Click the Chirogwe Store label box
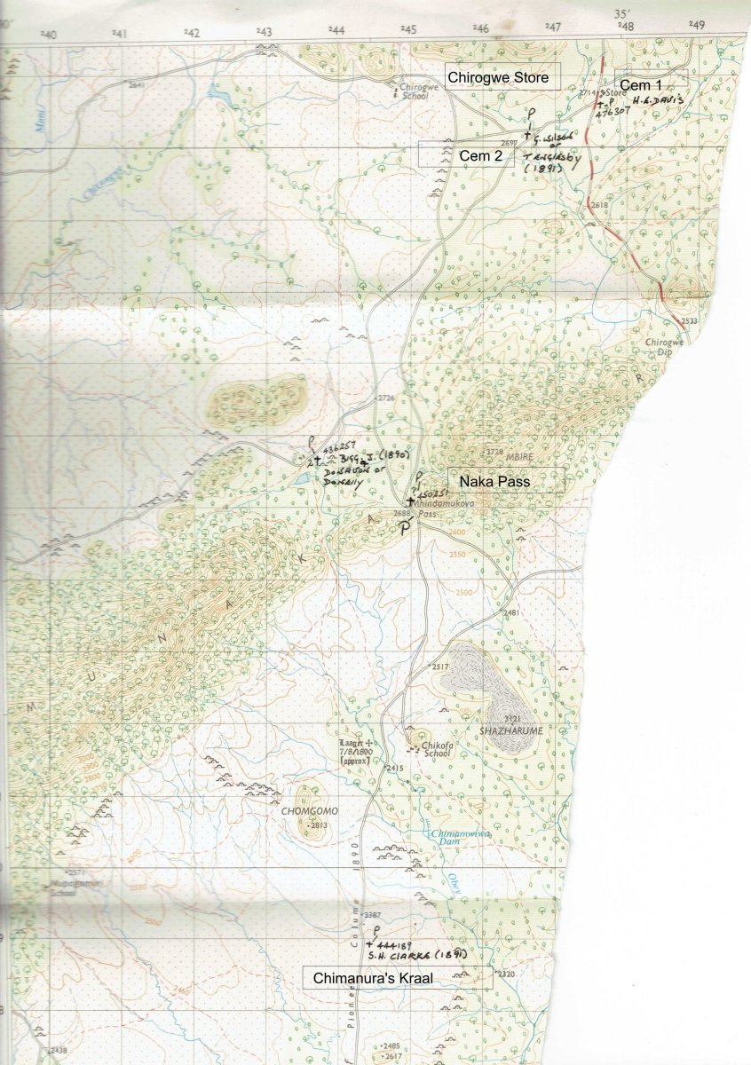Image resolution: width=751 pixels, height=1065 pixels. pos(503,77)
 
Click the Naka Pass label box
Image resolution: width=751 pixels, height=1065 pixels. pos(505,480)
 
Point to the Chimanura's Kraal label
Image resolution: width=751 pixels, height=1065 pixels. pos(397,978)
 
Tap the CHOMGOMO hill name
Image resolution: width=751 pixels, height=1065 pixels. pos(305,810)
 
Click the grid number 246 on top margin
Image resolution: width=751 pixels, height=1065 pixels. pos(479,29)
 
